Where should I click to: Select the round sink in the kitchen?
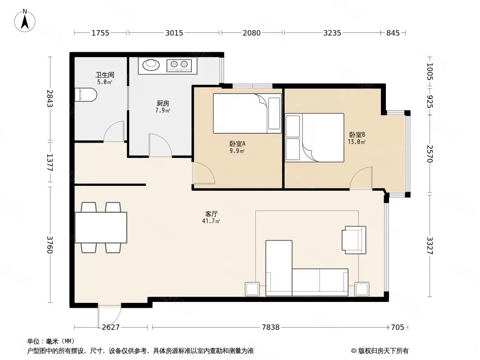(x=151, y=65)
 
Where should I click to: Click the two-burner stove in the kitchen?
(x=180, y=65)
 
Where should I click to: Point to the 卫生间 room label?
(x=104, y=75)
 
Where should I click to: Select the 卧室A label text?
(x=237, y=144)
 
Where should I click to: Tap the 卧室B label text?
(x=357, y=135)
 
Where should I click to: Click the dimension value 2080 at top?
(x=252, y=33)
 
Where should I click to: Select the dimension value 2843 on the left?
(x=50, y=99)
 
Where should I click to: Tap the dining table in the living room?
(x=101, y=227)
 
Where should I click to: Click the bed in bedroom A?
(x=246, y=113)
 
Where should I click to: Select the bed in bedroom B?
(x=321, y=137)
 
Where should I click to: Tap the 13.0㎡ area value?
(x=357, y=142)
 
